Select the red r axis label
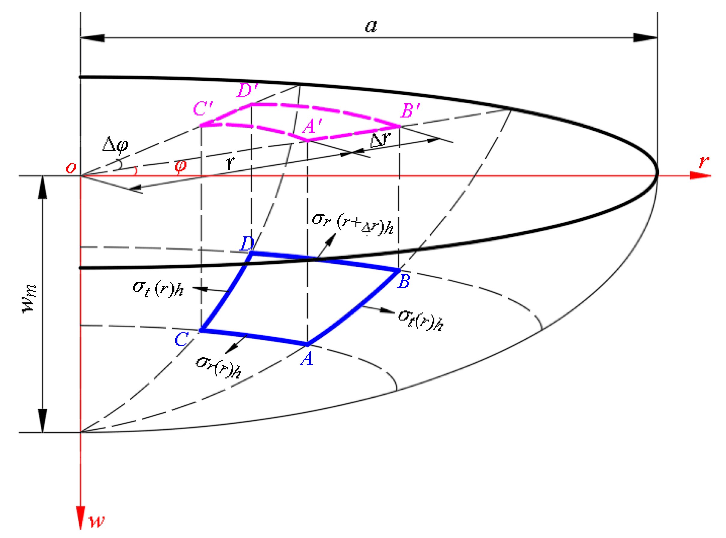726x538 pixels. (x=703, y=161)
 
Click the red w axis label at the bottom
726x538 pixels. (x=97, y=521)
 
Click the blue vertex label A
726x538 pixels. (x=307, y=359)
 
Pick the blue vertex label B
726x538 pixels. (x=404, y=281)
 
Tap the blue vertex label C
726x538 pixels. (x=181, y=339)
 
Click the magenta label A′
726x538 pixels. (x=312, y=126)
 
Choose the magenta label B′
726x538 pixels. (x=410, y=111)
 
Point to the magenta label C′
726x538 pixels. (x=203, y=108)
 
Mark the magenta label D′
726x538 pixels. (x=247, y=90)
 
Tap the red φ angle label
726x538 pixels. (x=181, y=166)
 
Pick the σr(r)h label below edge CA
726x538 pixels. (x=218, y=366)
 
